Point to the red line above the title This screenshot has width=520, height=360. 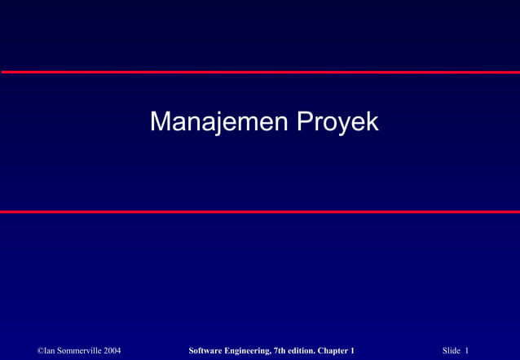260,72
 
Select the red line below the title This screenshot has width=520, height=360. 260,211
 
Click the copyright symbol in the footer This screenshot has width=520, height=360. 41,350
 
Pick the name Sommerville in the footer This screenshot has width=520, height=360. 79,350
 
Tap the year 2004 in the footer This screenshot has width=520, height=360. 112,350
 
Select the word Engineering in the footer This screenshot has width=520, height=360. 246,350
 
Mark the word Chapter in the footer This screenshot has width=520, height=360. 337,350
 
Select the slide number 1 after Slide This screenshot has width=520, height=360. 467,350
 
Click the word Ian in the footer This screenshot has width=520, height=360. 51,350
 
